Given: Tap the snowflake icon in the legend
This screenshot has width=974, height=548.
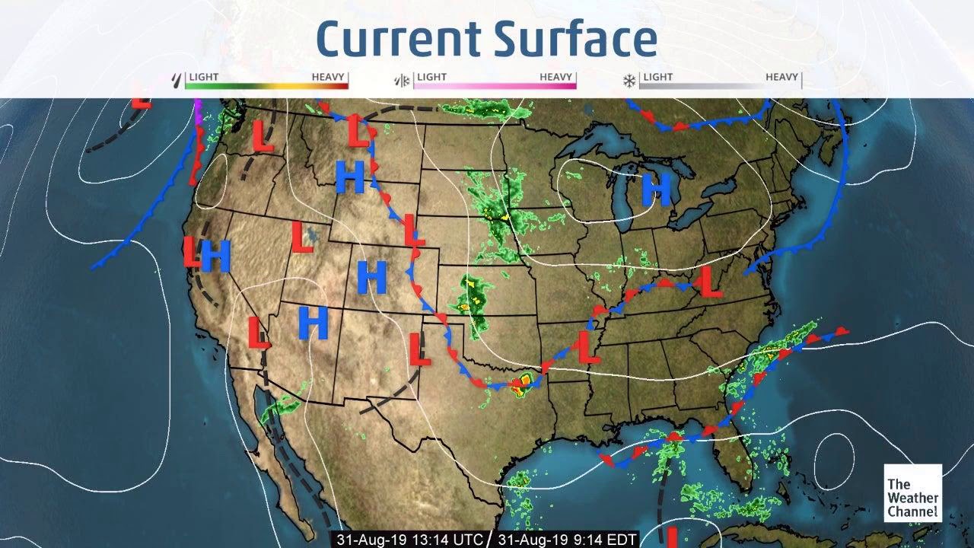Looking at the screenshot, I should tap(630, 79).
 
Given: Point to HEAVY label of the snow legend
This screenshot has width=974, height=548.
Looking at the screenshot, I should tap(781, 77).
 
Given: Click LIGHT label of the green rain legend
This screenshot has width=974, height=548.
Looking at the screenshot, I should tap(204, 77).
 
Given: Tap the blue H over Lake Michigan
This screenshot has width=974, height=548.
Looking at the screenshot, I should tap(656, 190).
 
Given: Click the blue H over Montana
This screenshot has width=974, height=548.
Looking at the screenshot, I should tap(350, 177).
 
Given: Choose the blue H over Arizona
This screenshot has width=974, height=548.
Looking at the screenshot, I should tap(313, 322).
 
